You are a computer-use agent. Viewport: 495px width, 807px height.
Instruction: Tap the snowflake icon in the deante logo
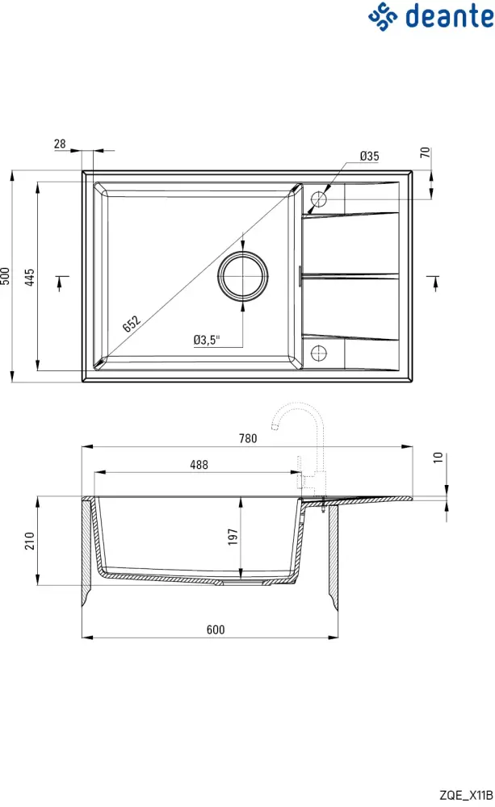coord(384,16)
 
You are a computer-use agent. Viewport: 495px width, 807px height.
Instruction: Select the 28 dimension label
coord(60,144)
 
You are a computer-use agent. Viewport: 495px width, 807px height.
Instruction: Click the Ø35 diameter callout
coord(370,156)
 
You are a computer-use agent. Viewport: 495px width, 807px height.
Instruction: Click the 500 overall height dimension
coord(6,276)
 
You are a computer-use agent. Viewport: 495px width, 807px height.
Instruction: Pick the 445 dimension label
coord(30,278)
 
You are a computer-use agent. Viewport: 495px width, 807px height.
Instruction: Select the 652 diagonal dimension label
coord(132,324)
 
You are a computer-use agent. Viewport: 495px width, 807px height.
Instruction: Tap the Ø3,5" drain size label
coord(207,340)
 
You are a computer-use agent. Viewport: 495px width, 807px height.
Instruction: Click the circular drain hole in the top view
coord(242,276)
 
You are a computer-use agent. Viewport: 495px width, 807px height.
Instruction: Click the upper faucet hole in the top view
coord(320,199)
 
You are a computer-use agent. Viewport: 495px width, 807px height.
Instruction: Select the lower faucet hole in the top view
coord(320,353)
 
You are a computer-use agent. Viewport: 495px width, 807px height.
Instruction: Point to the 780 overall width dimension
coord(248,439)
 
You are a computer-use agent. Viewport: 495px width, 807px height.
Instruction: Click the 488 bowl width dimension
coord(199,464)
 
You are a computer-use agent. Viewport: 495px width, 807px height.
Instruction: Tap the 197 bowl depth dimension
coord(233,537)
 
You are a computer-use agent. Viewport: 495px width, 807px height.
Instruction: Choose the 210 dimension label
coord(30,541)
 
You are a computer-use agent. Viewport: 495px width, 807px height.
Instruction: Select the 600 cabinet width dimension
coord(215,629)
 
